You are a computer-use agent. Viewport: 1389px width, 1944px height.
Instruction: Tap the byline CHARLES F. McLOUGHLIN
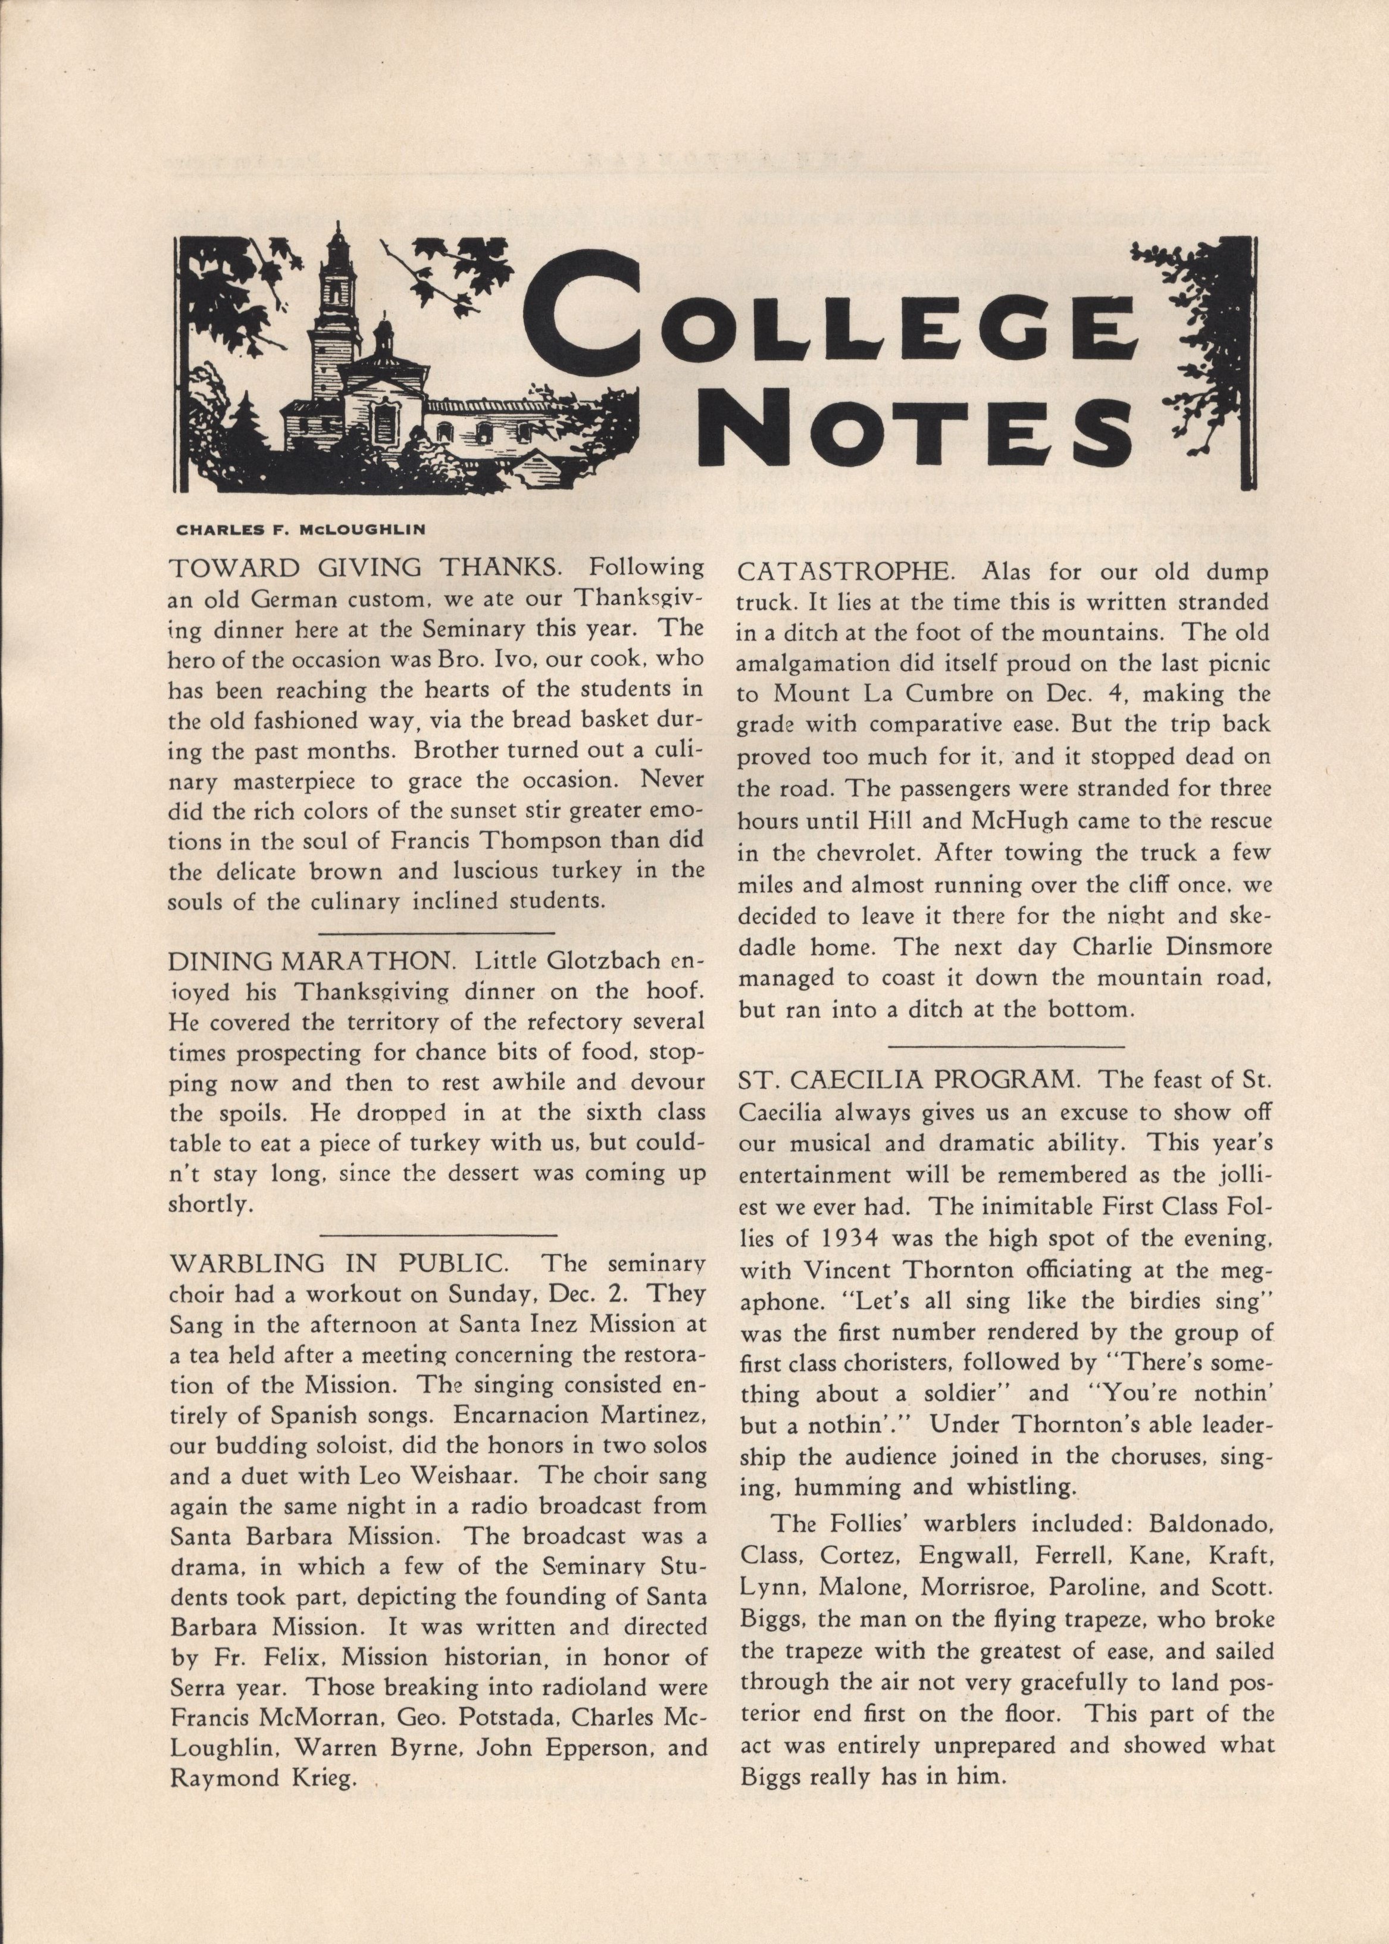point(300,529)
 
